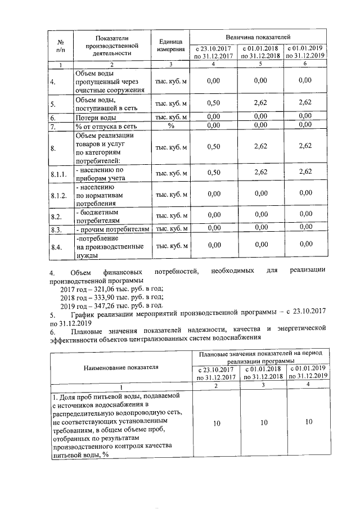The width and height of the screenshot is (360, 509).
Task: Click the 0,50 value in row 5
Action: (x=213, y=104)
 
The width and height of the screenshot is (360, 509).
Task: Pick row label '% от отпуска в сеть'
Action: (x=106, y=126)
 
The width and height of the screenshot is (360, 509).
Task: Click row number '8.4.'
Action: (x=56, y=246)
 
